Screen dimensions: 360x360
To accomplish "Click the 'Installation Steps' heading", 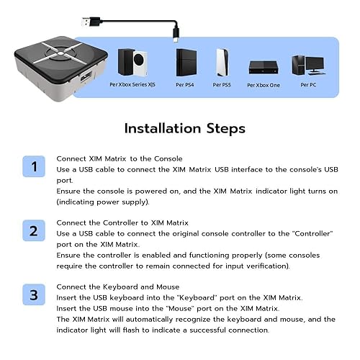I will point(184,129).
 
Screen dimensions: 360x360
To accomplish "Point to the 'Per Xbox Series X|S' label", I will point(132,85).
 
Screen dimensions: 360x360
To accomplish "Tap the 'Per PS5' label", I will point(222,85).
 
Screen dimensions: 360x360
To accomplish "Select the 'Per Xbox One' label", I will point(263,85).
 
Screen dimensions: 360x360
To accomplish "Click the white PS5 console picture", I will point(222,63).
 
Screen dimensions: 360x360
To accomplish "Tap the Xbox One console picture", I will point(263,67).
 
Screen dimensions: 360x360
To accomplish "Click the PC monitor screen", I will point(315,63).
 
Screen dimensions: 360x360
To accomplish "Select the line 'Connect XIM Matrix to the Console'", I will point(119,158).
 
